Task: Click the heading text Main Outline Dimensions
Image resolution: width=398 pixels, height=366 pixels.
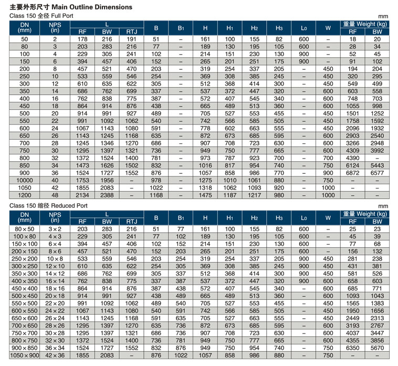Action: pos(92,7)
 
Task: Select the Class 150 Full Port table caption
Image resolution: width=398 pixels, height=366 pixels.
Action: pos(41,16)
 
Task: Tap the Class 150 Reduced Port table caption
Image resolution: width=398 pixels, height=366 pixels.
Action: pos(48,206)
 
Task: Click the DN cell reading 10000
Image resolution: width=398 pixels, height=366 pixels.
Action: pos(25,180)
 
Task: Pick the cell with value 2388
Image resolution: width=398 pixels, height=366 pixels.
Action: pos(107,195)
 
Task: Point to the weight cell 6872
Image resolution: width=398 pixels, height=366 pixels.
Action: pos(352,173)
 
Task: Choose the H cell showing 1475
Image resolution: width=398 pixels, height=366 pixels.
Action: pos(205,195)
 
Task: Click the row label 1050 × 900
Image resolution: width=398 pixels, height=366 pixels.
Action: pos(25,355)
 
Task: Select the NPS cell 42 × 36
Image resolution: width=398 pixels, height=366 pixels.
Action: pos(55,355)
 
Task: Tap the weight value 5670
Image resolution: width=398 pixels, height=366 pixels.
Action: pos(377,348)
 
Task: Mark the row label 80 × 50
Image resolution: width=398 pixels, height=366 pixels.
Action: pos(25,229)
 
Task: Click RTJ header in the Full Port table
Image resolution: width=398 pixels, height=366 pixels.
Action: pos(131,32)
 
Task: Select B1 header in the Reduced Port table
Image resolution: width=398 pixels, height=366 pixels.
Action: pos(181,218)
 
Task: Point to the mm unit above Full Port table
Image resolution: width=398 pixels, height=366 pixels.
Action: pos(383,16)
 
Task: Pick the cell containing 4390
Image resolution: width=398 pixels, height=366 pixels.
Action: pos(352,158)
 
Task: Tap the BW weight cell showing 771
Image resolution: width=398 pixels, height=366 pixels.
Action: pos(377,289)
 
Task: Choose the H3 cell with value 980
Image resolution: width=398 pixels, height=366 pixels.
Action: pos(279,195)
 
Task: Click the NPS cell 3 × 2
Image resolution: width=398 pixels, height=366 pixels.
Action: pos(55,229)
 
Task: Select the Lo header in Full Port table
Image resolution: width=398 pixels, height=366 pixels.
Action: pos(304,28)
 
